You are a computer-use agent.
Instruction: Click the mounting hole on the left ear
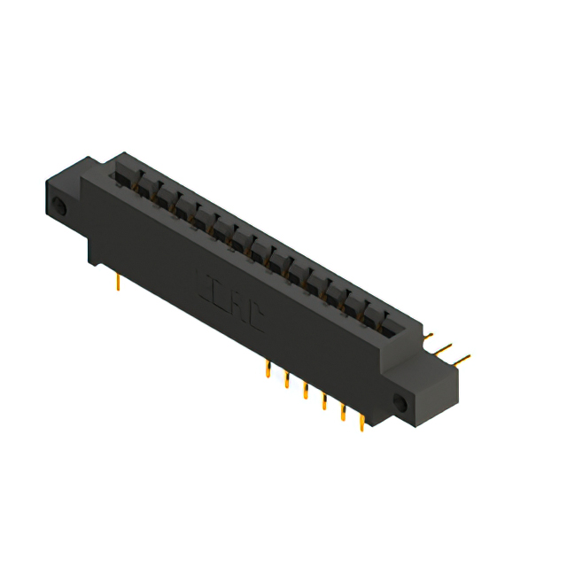pos(60,209)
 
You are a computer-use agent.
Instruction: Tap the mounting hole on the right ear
pos(400,404)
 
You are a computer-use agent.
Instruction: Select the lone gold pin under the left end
pos(119,281)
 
